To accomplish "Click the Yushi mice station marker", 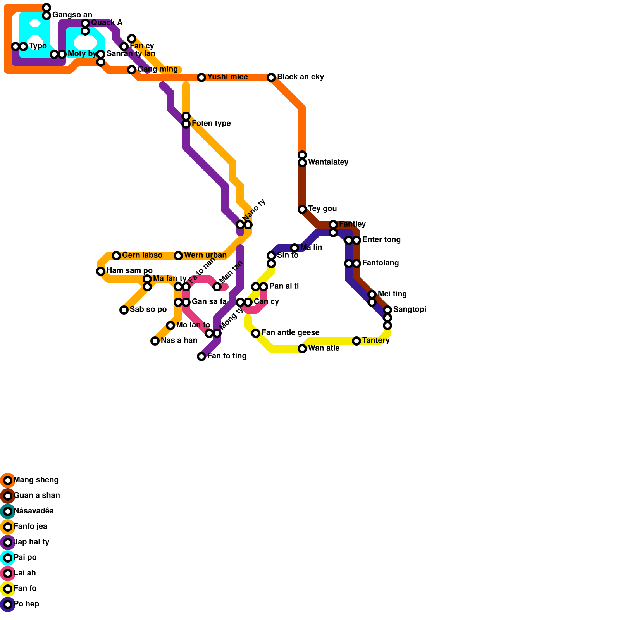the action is (201, 77).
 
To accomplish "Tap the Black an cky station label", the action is (300, 77).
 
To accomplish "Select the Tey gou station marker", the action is (302, 209).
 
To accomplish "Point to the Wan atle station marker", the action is (302, 349).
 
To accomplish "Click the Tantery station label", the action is (375, 341).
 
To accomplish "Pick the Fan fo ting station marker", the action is (201, 356).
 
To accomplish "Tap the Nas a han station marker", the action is (155, 341).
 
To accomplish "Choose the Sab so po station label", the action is (148, 310).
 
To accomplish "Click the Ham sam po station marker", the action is (101, 271).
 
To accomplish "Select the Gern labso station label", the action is (142, 255).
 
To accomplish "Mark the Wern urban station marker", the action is (178, 256).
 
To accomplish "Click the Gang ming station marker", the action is (132, 70).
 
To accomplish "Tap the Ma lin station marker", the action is (294, 248).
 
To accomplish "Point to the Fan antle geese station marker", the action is (256, 333).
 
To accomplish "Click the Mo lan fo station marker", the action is (170, 325).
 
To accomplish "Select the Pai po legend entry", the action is (25, 558).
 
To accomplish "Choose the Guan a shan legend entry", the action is (36, 496).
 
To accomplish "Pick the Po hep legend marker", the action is (8, 604).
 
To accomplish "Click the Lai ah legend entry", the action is (24, 573).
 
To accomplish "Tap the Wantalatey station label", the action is (328, 162).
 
